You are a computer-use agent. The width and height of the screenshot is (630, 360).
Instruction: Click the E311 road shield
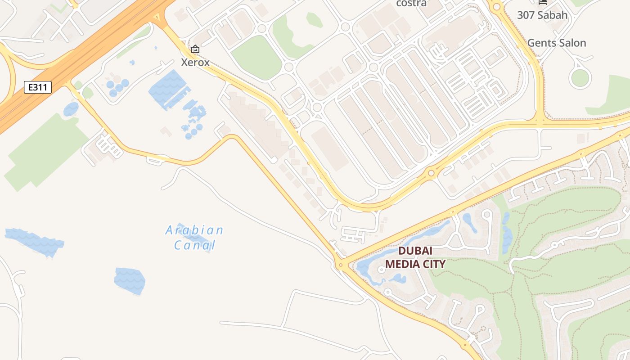click(38, 87)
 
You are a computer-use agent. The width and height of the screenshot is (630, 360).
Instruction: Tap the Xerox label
click(195, 63)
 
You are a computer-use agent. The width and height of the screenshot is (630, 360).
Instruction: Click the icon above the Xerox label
click(195, 49)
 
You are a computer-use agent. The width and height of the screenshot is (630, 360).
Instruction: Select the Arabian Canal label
click(194, 238)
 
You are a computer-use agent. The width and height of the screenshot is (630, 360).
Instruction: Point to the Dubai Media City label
click(415, 257)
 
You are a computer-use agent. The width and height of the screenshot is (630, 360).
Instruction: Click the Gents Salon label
click(557, 43)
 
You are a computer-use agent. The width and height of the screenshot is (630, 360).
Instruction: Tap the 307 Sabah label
click(542, 15)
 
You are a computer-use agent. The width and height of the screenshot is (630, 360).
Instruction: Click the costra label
click(411, 4)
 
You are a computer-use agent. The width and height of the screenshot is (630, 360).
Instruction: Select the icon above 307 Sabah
click(543, 2)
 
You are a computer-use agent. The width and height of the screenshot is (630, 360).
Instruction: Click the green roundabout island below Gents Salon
click(580, 78)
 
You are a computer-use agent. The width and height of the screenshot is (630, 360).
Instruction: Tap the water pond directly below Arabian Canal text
click(130, 281)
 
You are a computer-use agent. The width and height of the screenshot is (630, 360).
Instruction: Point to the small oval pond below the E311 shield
click(71, 109)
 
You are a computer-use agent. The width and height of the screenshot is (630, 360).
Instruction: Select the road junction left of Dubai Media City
click(341, 265)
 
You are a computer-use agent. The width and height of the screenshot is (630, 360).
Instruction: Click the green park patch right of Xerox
click(256, 58)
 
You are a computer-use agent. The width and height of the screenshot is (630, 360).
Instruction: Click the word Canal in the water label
click(194, 245)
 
